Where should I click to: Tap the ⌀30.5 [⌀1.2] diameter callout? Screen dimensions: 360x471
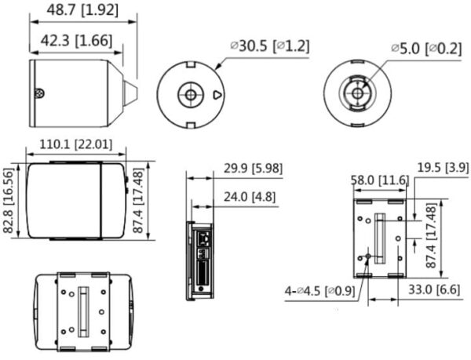click(x=269, y=46)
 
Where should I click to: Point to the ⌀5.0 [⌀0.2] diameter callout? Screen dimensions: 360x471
click(x=429, y=48)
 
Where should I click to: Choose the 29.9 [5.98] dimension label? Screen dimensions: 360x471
click(x=253, y=168)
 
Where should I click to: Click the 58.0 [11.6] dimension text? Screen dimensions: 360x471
click(x=378, y=180)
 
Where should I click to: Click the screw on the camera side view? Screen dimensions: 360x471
click(x=39, y=93)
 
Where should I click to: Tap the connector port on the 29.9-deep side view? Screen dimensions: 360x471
click(x=203, y=235)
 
